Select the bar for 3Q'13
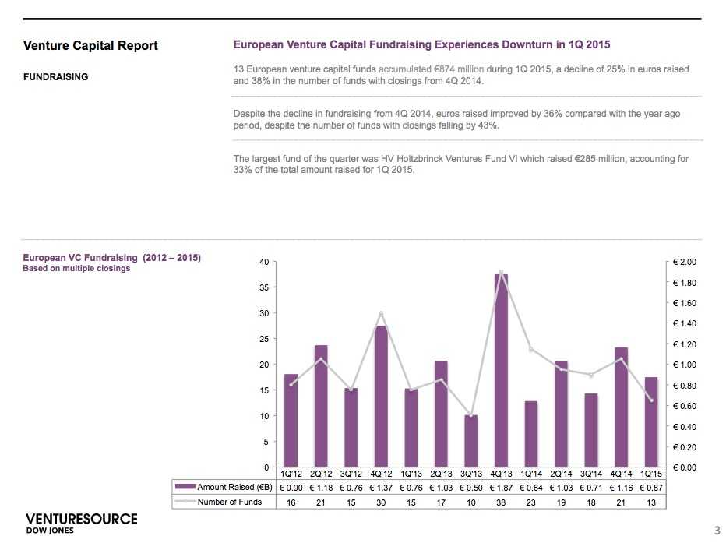pyautogui.click(x=470, y=441)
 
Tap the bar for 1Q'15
pyautogui.click(x=650, y=421)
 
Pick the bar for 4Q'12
pyautogui.click(x=381, y=397)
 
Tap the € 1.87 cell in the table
pyautogui.click(x=501, y=487)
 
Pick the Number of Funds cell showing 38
pyautogui.click(x=501, y=502)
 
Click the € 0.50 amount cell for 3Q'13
pyautogui.click(x=470, y=487)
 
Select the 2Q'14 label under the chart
pyautogui.click(x=561, y=473)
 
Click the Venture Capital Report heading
pyautogui.click(x=90, y=46)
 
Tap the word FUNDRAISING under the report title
pyautogui.click(x=55, y=77)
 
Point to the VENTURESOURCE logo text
pyautogui.click(x=81, y=519)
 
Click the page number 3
pyautogui.click(x=717, y=531)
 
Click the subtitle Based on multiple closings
pyautogui.click(x=76, y=269)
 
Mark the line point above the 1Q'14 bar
pyautogui.click(x=531, y=350)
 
